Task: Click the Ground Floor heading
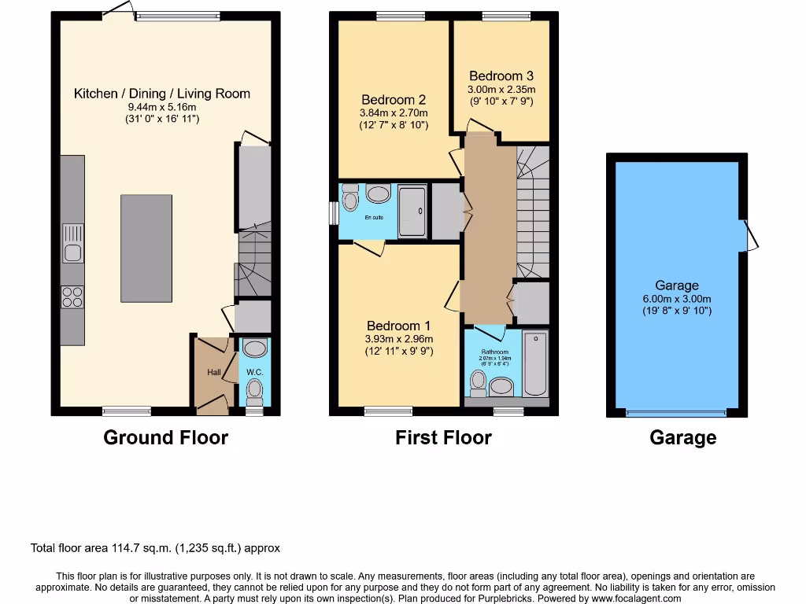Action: pyautogui.click(x=165, y=438)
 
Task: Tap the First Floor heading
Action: pyautogui.click(x=443, y=438)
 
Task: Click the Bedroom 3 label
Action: pyautogui.click(x=501, y=76)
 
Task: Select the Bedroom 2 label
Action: pyautogui.click(x=394, y=100)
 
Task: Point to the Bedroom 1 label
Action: pyautogui.click(x=399, y=326)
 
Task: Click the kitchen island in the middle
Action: pyautogui.click(x=146, y=248)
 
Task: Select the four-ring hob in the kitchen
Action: pyautogui.click(x=72, y=296)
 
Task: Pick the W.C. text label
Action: pyautogui.click(x=254, y=372)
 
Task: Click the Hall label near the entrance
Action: pyautogui.click(x=214, y=372)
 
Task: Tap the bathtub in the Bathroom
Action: pyautogui.click(x=535, y=364)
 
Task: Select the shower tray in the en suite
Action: pyautogui.click(x=412, y=211)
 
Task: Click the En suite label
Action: pyautogui.click(x=374, y=217)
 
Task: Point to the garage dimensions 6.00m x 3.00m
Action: pyautogui.click(x=677, y=299)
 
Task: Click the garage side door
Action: pyautogui.click(x=749, y=236)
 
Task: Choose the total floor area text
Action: pyautogui.click(x=155, y=548)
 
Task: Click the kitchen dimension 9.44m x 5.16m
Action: pyautogui.click(x=162, y=107)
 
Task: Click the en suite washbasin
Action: pyautogui.click(x=378, y=193)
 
